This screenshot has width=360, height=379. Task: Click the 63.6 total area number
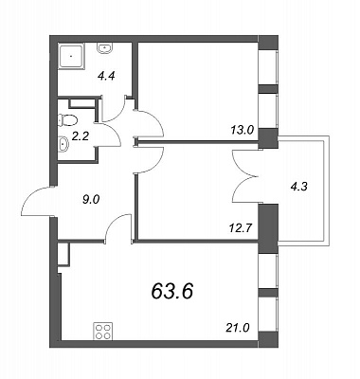tap(172, 291)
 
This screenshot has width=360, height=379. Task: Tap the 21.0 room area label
tap(238, 329)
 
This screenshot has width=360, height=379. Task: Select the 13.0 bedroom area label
tap(242, 130)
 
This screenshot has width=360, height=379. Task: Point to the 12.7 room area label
tap(240, 227)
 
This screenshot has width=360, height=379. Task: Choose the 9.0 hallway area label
tap(91, 199)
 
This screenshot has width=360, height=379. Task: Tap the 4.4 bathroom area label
tap(106, 76)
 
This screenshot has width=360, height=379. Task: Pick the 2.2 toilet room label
tap(81, 136)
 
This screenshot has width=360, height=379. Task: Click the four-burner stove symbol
tap(102, 331)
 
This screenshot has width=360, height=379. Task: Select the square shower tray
tap(72, 57)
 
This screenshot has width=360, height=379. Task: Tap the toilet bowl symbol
tap(67, 120)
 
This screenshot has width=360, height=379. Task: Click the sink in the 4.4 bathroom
tap(104, 48)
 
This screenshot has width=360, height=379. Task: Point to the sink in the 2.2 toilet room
tap(63, 144)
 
